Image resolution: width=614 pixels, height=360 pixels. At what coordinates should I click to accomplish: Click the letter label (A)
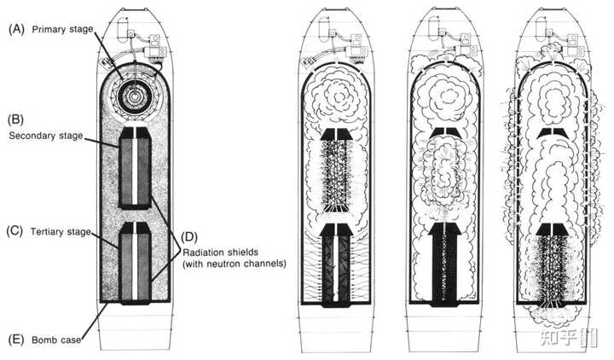(15, 28)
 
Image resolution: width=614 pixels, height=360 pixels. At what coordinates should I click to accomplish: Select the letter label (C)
(15, 231)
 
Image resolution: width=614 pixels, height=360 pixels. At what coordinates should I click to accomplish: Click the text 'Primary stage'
(63, 28)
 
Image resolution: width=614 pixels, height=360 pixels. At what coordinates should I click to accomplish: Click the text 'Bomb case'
(57, 340)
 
